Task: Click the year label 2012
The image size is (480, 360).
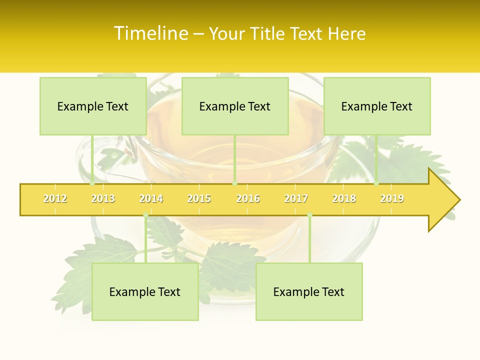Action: (x=55, y=198)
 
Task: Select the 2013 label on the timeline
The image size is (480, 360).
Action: (x=103, y=198)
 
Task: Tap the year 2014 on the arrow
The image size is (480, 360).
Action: (x=151, y=198)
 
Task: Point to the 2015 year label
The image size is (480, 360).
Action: (x=199, y=198)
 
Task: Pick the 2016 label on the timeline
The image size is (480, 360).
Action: (x=248, y=198)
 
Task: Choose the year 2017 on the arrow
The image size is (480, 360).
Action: (x=296, y=198)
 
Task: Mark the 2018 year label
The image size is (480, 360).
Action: (x=344, y=198)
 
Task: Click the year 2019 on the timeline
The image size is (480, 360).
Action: (x=392, y=198)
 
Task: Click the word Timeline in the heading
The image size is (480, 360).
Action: (x=150, y=33)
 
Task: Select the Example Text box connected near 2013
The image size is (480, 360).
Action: (x=93, y=106)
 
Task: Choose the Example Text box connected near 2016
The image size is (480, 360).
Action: (x=235, y=106)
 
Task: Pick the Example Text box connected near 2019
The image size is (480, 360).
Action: (x=377, y=106)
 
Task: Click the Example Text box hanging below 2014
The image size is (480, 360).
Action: (x=145, y=292)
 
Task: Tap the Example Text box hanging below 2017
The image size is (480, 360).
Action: (x=309, y=292)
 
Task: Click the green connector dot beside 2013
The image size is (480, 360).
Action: (x=92, y=183)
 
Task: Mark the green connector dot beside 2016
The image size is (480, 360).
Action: (x=234, y=183)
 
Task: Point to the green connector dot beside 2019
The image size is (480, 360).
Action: (x=376, y=183)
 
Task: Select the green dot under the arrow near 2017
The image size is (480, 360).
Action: (x=309, y=215)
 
